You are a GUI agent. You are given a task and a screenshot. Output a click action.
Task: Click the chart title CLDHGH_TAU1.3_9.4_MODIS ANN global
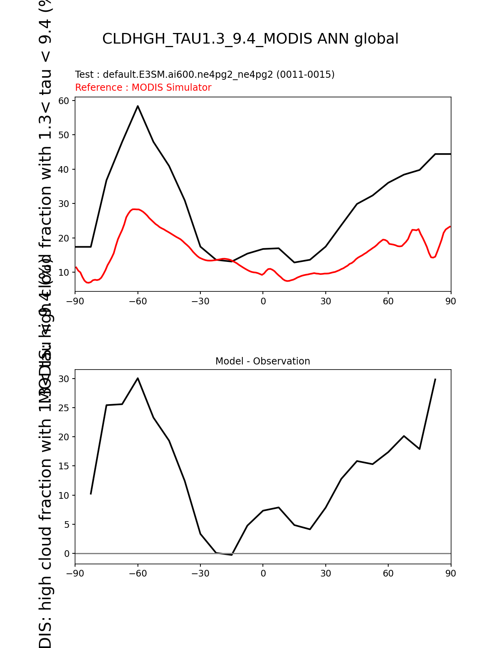pos(250,39)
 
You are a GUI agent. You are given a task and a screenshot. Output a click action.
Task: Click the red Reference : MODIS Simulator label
pos(143,88)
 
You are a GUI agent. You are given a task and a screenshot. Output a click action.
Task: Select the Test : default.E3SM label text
pos(204,75)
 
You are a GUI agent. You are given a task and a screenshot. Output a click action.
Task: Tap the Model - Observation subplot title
pos(262,361)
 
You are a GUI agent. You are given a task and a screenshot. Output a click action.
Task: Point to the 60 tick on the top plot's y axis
pos(64,101)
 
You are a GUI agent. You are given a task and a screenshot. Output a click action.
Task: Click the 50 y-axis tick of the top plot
pos(64,135)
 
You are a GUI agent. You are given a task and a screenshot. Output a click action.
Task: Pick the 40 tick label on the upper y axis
pos(64,170)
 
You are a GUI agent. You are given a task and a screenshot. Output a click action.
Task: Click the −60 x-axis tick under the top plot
pos(138,301)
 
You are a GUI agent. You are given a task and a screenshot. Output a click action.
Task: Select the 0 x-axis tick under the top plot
pos(263,301)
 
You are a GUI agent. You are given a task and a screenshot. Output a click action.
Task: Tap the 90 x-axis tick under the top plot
pos(451,301)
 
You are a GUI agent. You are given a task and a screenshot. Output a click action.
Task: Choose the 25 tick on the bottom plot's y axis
pos(64,408)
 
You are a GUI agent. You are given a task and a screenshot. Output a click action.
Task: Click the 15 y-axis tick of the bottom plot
pos(64,466)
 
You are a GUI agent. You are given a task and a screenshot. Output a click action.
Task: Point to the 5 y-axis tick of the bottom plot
pos(67,525)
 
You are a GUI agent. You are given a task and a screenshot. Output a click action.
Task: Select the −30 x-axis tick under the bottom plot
pos(200,573)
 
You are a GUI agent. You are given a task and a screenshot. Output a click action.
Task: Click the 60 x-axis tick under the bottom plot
pos(388,573)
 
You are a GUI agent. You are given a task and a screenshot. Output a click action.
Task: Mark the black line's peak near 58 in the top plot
pos(138,106)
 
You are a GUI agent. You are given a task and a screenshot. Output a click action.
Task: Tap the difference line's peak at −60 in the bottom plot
pos(138,378)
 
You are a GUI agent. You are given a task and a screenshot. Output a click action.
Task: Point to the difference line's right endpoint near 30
pos(435,379)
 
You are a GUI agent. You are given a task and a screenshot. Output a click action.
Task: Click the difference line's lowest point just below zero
pos(232,555)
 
